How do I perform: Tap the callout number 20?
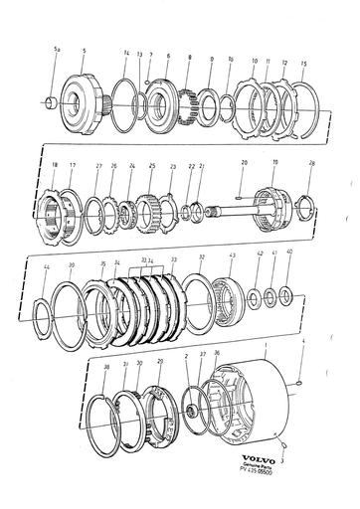pos(244,161)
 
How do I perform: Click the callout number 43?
pos(232,257)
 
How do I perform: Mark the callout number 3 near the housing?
pos(284,460)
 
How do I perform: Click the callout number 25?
pos(151,166)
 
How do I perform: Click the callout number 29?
pos(160,362)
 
